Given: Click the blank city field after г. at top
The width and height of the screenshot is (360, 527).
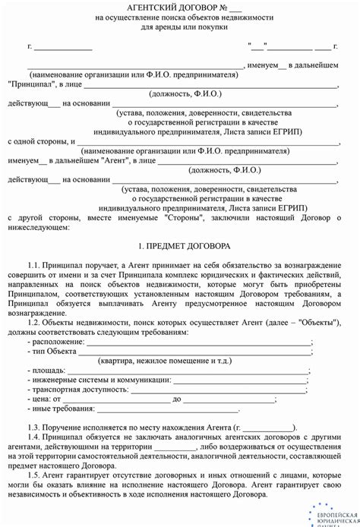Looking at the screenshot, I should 65,47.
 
